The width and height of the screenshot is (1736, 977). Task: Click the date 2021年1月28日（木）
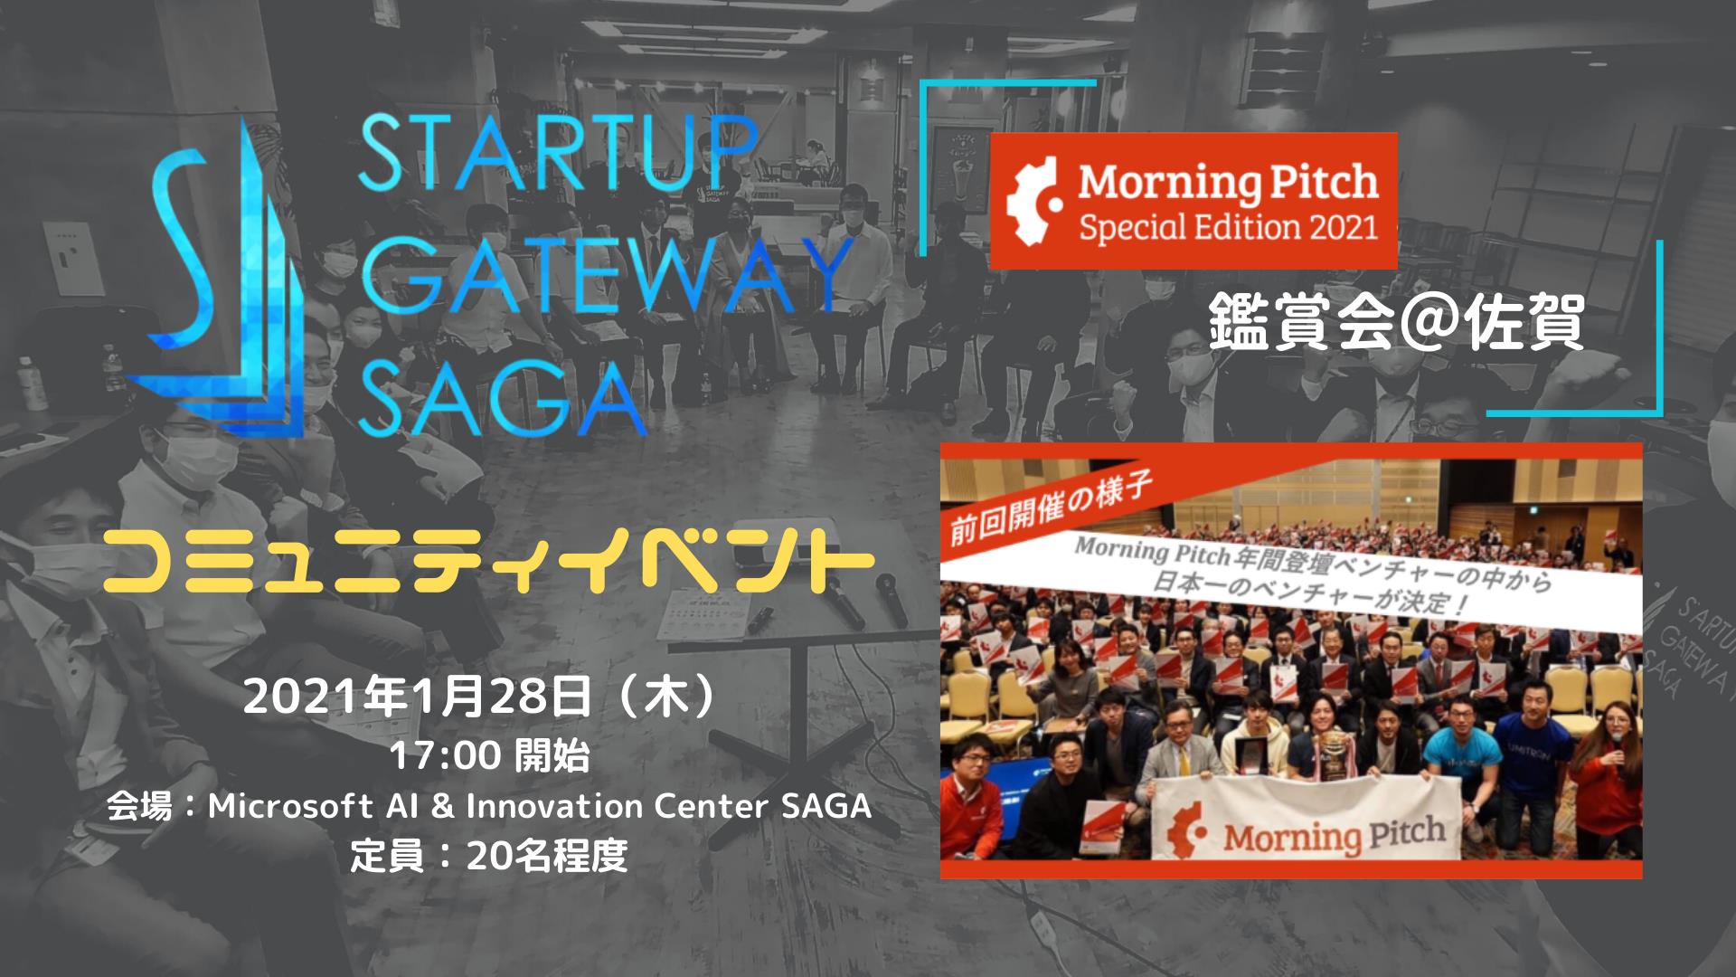(x=487, y=697)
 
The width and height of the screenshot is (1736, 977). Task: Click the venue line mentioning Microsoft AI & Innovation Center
(x=489, y=805)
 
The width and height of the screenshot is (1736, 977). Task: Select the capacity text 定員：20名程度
(x=489, y=855)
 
